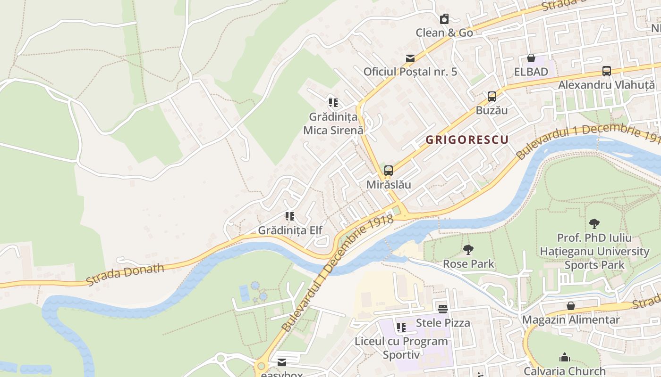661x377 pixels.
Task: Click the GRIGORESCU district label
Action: point(467,139)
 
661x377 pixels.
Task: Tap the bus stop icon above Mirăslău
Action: point(389,171)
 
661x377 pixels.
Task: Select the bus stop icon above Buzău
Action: point(492,97)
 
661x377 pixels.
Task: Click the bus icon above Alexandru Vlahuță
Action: point(607,71)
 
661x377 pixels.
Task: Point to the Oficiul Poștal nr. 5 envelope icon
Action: point(410,58)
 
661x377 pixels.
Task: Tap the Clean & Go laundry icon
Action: point(444,19)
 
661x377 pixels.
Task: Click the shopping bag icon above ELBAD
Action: point(531,58)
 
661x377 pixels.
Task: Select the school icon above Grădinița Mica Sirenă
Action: point(333,102)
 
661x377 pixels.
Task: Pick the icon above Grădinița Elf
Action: point(290,216)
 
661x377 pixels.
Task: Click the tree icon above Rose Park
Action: point(468,250)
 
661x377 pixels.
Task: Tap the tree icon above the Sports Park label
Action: point(594,224)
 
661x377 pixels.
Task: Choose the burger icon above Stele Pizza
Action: point(443,309)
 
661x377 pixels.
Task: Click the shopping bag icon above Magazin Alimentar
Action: point(571,306)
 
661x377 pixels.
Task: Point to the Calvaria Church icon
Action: point(565,357)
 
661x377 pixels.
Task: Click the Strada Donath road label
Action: point(125,274)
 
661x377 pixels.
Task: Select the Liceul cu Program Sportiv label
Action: point(401,348)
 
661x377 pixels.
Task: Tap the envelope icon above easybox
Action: point(282,362)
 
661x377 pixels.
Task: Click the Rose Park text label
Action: point(468,264)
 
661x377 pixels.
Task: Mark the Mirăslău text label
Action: point(389,185)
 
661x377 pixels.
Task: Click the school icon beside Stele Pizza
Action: point(401,327)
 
